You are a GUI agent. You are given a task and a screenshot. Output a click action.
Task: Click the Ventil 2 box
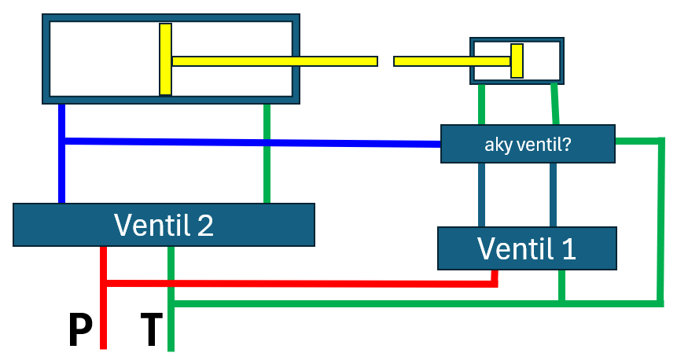(164, 225)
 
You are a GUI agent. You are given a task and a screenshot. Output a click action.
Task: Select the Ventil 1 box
(527, 248)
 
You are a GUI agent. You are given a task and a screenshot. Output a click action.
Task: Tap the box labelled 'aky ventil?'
(527, 144)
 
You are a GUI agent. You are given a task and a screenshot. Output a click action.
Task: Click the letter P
(79, 330)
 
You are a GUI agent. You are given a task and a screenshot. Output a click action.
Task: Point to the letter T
(151, 330)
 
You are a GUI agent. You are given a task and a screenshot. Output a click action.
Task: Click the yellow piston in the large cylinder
(165, 60)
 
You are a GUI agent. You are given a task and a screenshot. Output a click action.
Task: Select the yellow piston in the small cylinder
(517, 61)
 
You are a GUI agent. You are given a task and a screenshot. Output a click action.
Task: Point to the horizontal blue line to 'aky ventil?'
(252, 142)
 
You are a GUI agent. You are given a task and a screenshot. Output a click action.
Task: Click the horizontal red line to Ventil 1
(299, 282)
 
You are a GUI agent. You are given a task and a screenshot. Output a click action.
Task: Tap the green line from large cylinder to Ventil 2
(268, 153)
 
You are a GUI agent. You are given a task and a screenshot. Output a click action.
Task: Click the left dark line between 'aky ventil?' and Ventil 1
(481, 195)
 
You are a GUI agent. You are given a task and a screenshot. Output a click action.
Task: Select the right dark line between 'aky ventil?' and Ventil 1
(554, 195)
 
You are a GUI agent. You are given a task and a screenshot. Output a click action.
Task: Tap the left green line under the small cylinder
(481, 104)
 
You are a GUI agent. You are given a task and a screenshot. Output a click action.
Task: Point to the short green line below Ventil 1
(561, 286)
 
